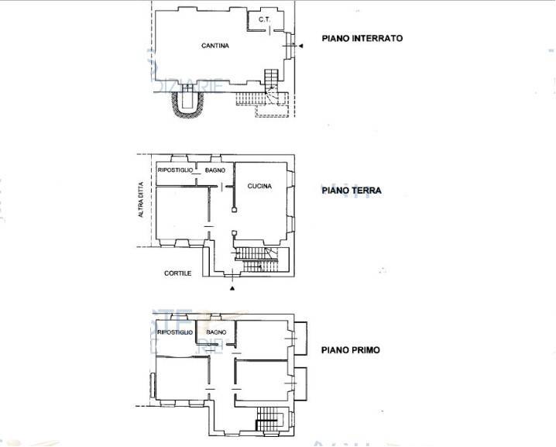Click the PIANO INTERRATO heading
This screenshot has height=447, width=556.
tap(362, 38)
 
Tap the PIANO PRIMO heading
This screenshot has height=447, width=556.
tap(350, 350)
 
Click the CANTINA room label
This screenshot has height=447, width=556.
tap(215, 46)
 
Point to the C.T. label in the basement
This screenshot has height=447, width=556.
tap(263, 19)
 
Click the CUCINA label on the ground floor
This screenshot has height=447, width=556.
tap(259, 185)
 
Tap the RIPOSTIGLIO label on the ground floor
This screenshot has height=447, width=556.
tap(175, 170)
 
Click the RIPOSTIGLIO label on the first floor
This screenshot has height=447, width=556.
tap(173, 332)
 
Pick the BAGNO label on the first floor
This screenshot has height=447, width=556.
tap(216, 332)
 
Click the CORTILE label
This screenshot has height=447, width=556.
tap(177, 273)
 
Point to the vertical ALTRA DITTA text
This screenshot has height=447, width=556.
tap(141, 198)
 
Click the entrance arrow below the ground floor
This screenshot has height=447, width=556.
tap(232, 288)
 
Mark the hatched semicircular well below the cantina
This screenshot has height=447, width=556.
tap(187, 106)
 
